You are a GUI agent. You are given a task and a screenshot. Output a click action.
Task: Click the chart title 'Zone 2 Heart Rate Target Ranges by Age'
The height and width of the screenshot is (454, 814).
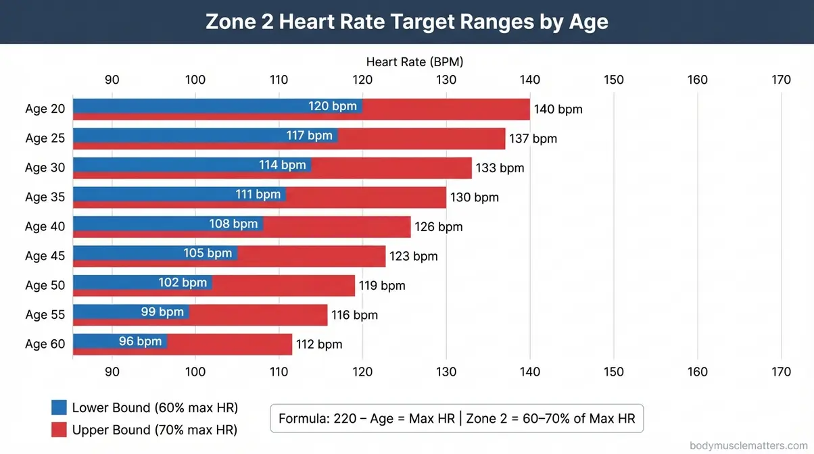pyautogui.click(x=406, y=22)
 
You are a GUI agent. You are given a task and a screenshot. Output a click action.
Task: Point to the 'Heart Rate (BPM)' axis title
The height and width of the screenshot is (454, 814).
pyautogui.click(x=414, y=61)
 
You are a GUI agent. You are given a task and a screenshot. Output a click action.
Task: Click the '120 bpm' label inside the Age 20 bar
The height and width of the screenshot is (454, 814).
pyautogui.click(x=332, y=106)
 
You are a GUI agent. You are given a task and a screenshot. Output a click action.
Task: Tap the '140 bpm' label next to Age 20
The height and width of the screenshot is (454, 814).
pyautogui.click(x=558, y=109)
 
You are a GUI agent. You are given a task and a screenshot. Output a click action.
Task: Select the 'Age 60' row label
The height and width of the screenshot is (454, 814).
pyautogui.click(x=45, y=344)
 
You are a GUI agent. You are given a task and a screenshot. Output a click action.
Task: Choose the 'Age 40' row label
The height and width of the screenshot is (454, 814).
pyautogui.click(x=45, y=226)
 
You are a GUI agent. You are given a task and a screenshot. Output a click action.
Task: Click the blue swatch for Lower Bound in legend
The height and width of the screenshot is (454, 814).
pyautogui.click(x=59, y=407)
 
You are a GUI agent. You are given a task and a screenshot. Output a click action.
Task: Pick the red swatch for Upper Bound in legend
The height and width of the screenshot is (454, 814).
pyautogui.click(x=59, y=429)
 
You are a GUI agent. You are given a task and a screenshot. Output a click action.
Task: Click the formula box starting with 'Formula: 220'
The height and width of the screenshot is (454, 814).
pyautogui.click(x=456, y=418)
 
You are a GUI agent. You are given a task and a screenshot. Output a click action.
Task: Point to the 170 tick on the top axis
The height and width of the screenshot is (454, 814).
pyautogui.click(x=781, y=80)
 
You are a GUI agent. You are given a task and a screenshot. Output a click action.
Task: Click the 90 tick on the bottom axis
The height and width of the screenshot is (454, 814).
pyautogui.click(x=112, y=372)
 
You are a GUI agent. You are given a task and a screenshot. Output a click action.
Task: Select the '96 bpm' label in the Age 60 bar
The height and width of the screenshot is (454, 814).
pyautogui.click(x=140, y=341)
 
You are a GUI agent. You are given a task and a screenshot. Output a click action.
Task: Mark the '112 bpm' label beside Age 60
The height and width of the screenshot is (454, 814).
pyautogui.click(x=319, y=344)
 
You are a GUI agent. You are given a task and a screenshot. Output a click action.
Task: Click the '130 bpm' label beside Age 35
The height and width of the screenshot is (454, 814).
pyautogui.click(x=474, y=197)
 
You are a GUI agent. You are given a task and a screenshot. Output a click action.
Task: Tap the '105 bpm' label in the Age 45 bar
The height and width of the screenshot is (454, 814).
pyautogui.click(x=208, y=253)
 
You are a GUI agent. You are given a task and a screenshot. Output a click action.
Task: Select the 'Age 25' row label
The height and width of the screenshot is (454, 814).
pyautogui.click(x=45, y=138)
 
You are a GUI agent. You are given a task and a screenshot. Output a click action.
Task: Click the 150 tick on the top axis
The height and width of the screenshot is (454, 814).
pyautogui.click(x=614, y=80)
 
